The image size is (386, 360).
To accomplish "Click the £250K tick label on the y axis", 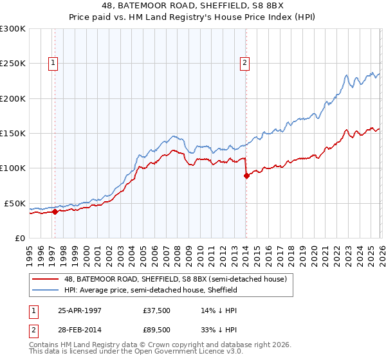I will [x=12, y=64].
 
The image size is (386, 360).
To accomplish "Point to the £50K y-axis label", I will [x=15, y=203].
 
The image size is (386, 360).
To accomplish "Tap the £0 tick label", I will [x=19, y=238].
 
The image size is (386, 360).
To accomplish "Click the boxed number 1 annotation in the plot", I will [x=52, y=63].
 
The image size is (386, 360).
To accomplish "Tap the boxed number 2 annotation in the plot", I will [x=245, y=63].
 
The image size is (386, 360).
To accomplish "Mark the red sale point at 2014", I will [x=246, y=175].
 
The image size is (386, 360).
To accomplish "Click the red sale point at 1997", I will [x=55, y=212].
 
